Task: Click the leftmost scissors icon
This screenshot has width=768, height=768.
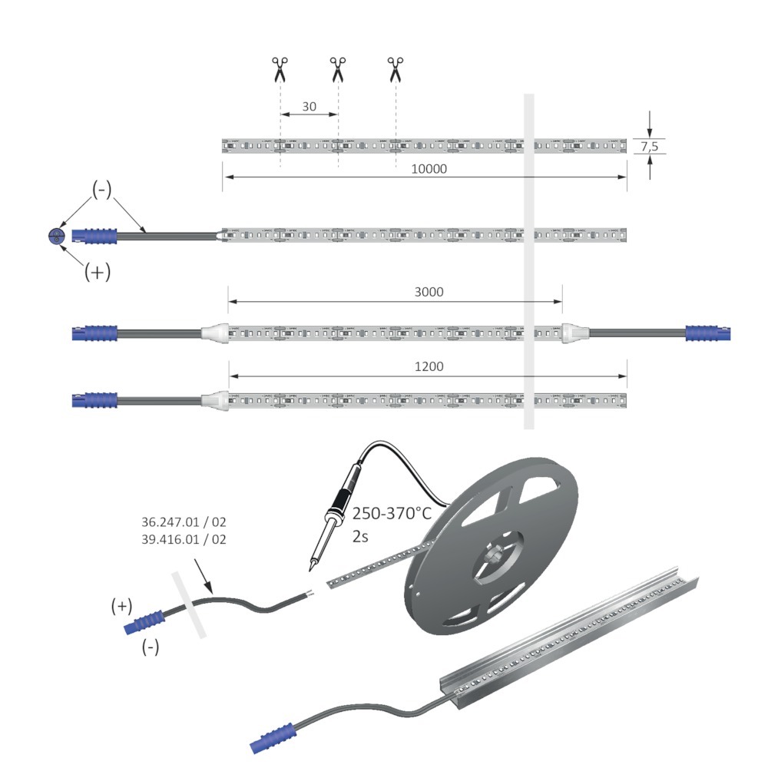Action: click(280, 70)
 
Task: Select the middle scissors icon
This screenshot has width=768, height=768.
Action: click(338, 70)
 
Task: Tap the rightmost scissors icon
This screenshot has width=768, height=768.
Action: click(396, 70)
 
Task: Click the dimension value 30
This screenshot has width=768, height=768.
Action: click(309, 106)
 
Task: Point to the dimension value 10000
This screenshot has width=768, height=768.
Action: click(429, 169)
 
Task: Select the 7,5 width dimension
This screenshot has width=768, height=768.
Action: click(650, 146)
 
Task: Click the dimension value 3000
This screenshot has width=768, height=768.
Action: click(429, 292)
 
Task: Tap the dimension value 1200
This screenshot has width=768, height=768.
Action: click(429, 366)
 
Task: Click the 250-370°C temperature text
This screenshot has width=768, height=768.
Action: click(392, 513)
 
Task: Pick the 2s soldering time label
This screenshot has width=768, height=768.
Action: click(360, 536)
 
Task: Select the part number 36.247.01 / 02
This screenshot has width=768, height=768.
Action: click(184, 522)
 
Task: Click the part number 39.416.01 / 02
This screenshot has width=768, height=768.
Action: click(184, 539)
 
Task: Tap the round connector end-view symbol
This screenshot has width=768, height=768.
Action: click(57, 236)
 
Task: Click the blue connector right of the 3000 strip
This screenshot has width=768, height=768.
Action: click(708, 333)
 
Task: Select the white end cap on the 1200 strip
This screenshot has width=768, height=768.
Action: click(215, 400)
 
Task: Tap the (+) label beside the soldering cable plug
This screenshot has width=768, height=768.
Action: click(121, 607)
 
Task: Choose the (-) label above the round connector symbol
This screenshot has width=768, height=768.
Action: click(102, 190)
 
